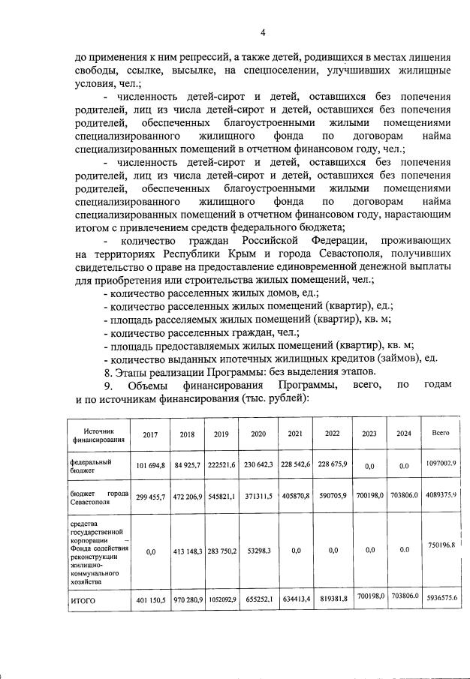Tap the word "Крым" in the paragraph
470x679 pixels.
tap(255, 254)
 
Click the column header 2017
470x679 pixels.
tap(151, 434)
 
